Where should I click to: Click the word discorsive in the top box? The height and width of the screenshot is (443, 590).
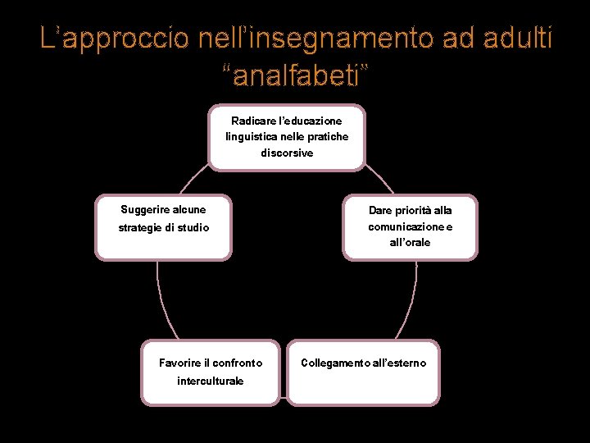[x=287, y=153]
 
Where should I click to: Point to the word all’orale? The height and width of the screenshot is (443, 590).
[x=410, y=243]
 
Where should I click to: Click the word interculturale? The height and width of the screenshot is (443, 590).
[x=210, y=381]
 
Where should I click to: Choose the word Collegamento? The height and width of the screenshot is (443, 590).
[x=334, y=363]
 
